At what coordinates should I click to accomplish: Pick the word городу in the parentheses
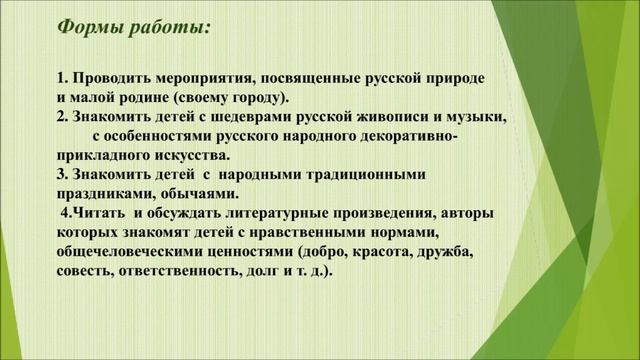point(257,97)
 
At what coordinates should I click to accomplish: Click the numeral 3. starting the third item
point(62,174)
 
